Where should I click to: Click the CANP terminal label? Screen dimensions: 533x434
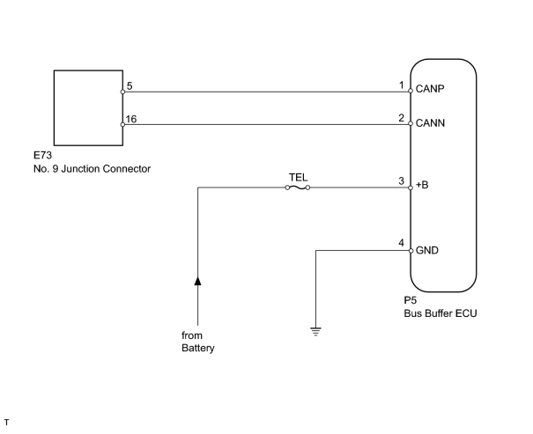click(x=430, y=89)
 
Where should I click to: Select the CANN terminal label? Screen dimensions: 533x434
click(x=430, y=123)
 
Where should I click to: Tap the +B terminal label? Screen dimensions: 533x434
click(x=422, y=185)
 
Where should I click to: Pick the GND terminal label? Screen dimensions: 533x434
click(x=427, y=250)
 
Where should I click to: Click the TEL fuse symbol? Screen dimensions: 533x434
click(x=298, y=188)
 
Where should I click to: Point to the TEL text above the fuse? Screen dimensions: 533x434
click(x=298, y=177)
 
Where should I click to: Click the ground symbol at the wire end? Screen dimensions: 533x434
click(x=315, y=332)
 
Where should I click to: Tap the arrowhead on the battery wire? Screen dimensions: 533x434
click(x=197, y=281)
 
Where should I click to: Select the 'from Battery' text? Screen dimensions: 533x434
click(x=198, y=342)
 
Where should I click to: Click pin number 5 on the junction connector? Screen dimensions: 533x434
click(x=130, y=86)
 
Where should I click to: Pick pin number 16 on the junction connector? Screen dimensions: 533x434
click(x=131, y=119)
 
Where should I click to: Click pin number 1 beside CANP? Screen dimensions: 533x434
click(x=402, y=85)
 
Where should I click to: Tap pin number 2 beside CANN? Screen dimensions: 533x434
click(x=402, y=118)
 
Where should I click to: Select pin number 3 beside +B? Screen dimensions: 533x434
click(x=402, y=181)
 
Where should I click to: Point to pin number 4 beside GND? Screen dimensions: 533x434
click(x=402, y=243)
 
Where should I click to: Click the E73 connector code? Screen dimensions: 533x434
click(x=42, y=155)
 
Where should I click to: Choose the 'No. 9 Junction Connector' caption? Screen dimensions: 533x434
click(x=93, y=169)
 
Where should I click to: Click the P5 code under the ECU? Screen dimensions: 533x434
click(x=411, y=300)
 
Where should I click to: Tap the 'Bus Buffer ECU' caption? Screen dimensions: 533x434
click(x=440, y=313)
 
